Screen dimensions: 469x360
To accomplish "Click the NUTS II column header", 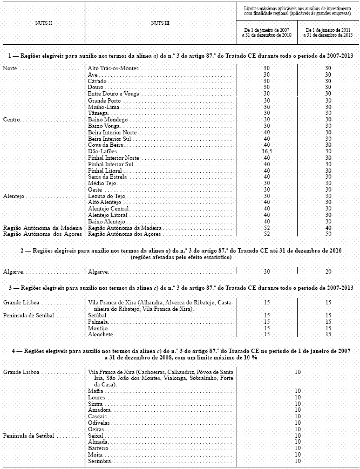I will [x=43, y=24].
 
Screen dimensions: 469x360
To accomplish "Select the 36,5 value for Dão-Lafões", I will [x=266, y=152].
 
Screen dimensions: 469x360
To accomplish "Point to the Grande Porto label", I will [x=105, y=101].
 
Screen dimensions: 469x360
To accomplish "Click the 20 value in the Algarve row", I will [x=328, y=271].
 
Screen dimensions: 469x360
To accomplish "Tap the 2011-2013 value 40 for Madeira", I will [x=328, y=228].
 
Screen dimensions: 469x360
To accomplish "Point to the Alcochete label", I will [x=100, y=335].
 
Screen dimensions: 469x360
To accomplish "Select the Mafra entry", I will [x=95, y=391].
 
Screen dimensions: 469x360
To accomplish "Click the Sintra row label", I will [x=96, y=404].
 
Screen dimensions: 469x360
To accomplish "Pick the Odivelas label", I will [x=99, y=423].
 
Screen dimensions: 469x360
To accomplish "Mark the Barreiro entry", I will [x=98, y=448].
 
